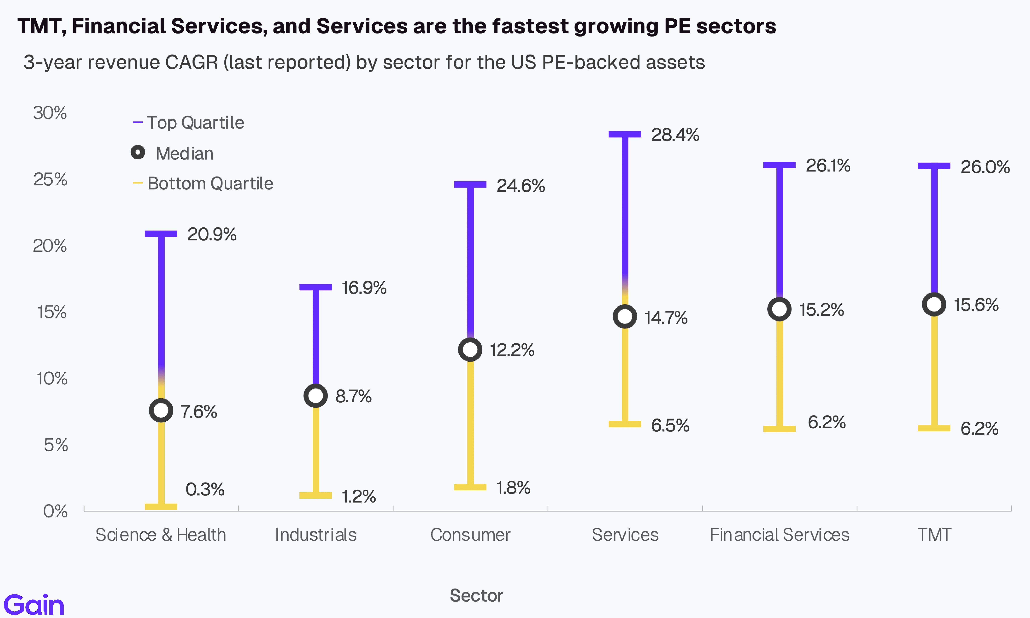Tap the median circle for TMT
pyautogui.click(x=934, y=304)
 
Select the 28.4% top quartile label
pyautogui.click(x=675, y=135)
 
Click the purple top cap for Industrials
pyautogui.click(x=316, y=287)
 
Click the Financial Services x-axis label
pyautogui.click(x=779, y=535)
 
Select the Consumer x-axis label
pyautogui.click(x=470, y=535)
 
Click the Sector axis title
pyautogui.click(x=476, y=595)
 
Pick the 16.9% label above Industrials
pyautogui.click(x=364, y=288)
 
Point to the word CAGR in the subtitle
pyautogui.click(x=192, y=63)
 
